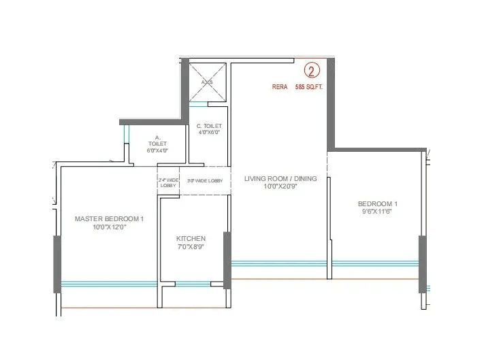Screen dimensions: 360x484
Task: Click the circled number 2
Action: click(x=312, y=71)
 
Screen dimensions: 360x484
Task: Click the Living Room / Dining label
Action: click(x=280, y=179)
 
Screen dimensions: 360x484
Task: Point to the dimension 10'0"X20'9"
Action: click(x=280, y=186)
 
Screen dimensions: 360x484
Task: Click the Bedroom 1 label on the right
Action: click(x=378, y=204)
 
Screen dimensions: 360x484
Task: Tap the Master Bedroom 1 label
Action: click(x=110, y=218)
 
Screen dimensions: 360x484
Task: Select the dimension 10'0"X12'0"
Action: click(x=110, y=227)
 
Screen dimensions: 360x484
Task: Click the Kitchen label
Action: click(x=191, y=239)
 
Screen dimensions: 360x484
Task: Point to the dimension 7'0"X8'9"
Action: click(x=191, y=247)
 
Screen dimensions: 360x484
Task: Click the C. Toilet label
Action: click(x=209, y=126)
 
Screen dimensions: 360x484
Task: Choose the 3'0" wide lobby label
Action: click(x=206, y=180)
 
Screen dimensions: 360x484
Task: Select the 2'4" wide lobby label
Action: click(x=167, y=183)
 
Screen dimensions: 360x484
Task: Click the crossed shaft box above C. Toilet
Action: click(x=208, y=82)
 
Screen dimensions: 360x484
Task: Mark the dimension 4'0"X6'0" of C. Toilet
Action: click(x=209, y=133)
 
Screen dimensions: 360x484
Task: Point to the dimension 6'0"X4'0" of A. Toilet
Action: click(x=157, y=150)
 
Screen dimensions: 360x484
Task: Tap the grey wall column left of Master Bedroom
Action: click(x=57, y=264)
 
